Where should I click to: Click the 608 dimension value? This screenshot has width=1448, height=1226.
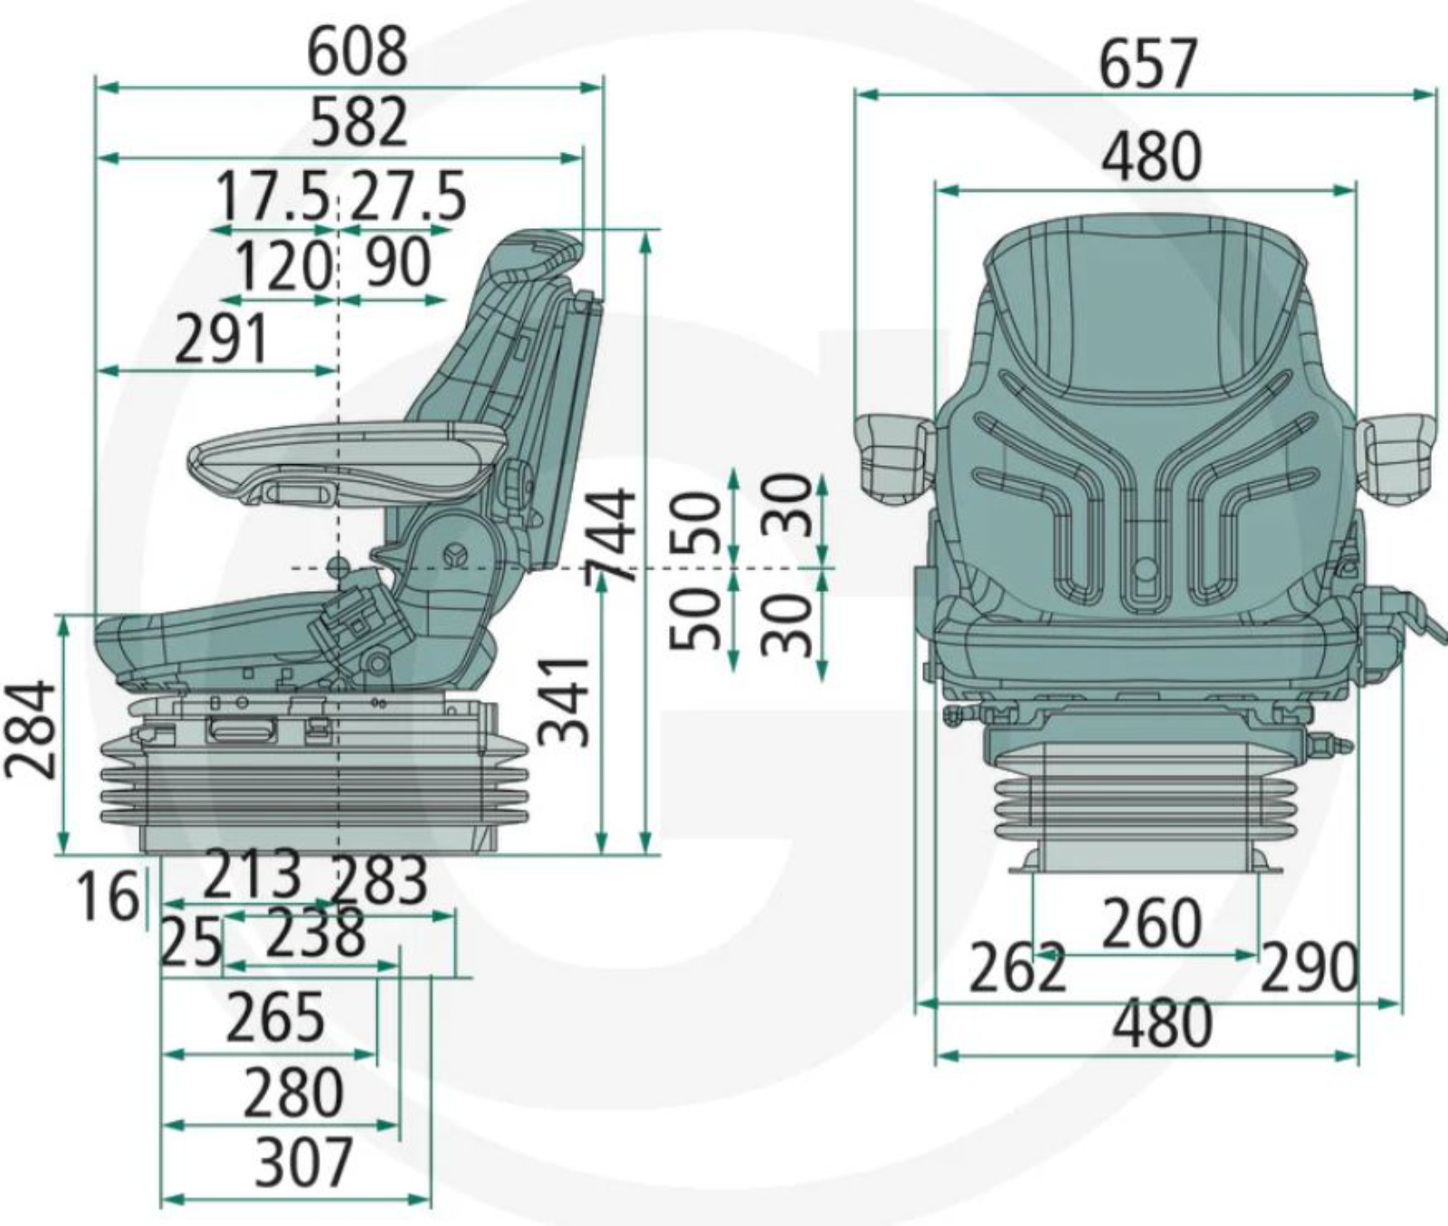tap(357, 52)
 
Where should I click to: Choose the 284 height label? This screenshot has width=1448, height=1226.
tap(30, 730)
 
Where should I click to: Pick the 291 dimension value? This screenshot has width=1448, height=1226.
tap(222, 339)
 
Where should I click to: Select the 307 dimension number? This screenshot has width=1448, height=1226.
tap(302, 1163)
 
